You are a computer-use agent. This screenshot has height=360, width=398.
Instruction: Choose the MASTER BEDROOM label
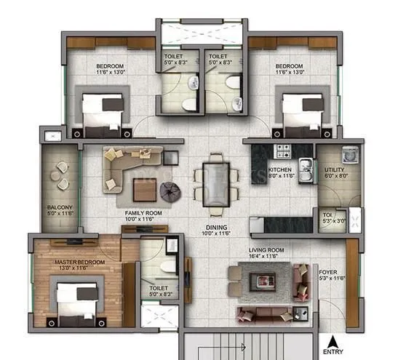point(79,262)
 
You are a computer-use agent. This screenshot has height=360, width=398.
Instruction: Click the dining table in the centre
point(213,180)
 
